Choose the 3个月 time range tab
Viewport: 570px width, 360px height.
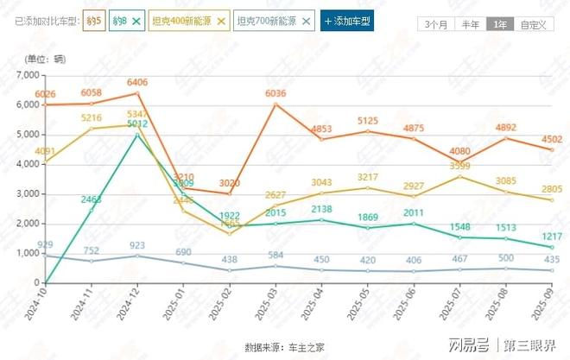coord(436,24)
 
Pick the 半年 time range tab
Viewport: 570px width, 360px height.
coord(471,24)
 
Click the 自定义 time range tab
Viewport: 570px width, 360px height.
coord(533,24)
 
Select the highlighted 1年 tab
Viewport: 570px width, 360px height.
coord(500,24)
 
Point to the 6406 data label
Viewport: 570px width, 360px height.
coord(137,83)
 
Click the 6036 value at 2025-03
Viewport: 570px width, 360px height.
coord(275,94)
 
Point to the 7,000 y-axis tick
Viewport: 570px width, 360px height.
coord(27,75)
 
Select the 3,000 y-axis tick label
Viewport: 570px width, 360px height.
coord(27,194)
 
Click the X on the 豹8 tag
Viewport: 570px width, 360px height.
coord(136,20)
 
